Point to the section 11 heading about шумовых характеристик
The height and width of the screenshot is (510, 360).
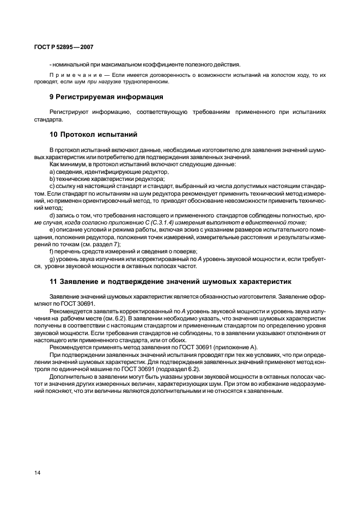163,282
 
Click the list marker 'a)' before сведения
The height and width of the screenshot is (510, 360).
52,172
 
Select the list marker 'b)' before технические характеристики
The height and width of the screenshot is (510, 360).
52,179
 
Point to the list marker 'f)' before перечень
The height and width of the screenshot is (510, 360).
52,251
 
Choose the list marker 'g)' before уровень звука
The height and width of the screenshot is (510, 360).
52,259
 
